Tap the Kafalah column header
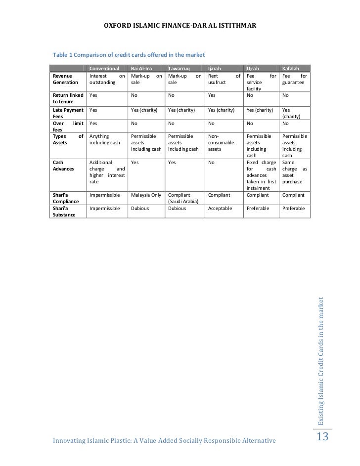(x=289, y=68)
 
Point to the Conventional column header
(x=104, y=68)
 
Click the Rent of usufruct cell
(x=224, y=80)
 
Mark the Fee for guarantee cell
(x=294, y=80)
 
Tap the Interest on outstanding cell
(x=107, y=80)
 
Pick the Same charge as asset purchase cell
(x=294, y=171)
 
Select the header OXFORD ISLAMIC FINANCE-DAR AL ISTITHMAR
(x=180, y=25)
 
